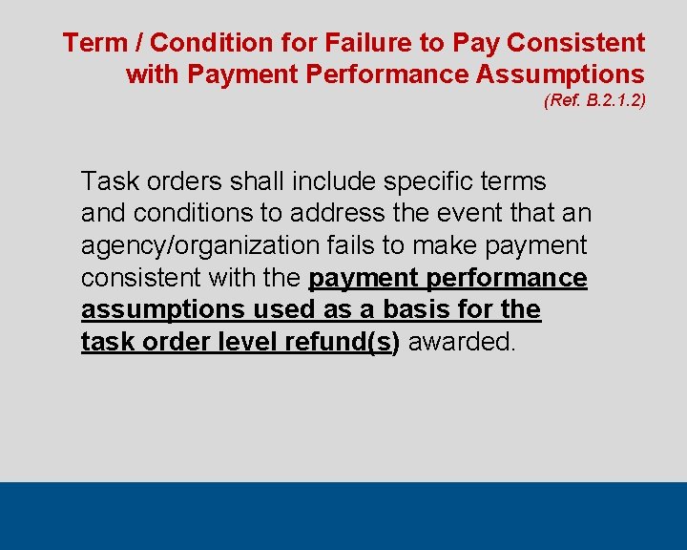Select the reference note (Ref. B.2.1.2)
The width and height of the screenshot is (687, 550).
pos(594,99)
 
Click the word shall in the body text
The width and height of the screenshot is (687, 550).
pos(256,181)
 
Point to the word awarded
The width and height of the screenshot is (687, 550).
pos(462,342)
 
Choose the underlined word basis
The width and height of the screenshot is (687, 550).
pos(422,309)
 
